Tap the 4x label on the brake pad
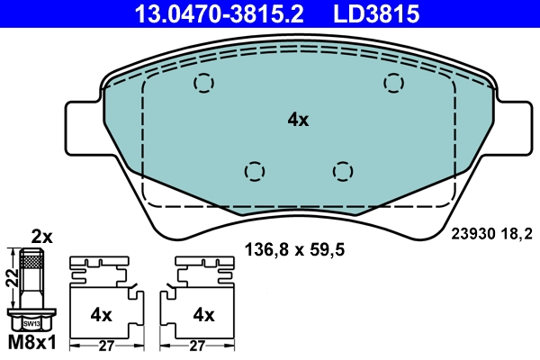click(x=298, y=120)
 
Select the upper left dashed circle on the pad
click(x=205, y=84)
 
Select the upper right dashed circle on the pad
click(x=392, y=83)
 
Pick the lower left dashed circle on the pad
click(x=255, y=170)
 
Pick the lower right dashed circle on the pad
click(x=341, y=170)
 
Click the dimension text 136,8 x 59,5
click(x=296, y=248)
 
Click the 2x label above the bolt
click(x=42, y=238)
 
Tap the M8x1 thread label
click(x=32, y=344)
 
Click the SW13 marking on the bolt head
click(x=31, y=320)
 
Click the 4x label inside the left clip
click(x=101, y=315)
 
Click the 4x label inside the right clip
click(x=204, y=315)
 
